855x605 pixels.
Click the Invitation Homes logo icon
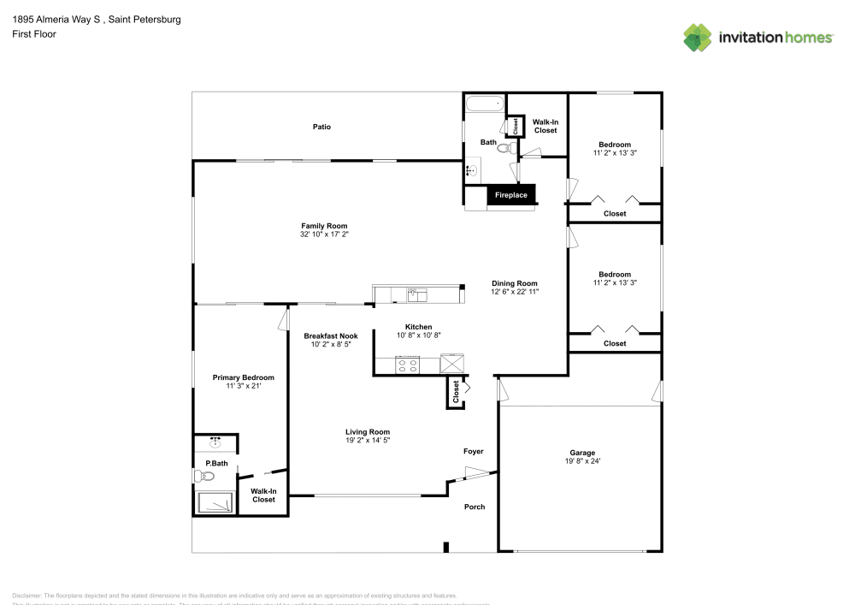tap(698, 37)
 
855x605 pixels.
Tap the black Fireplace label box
tap(511, 195)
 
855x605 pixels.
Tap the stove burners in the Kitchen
tap(408, 365)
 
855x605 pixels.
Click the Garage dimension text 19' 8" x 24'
tap(582, 462)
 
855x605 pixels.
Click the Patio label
tap(321, 127)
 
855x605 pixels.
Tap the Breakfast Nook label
tap(330, 335)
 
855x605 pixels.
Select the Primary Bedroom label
tap(244, 377)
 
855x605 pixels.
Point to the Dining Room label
tap(514, 283)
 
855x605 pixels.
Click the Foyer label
tap(473, 451)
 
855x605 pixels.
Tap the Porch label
tap(475, 507)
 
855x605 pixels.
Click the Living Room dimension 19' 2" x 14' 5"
tap(368, 441)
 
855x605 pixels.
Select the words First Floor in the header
tap(33, 34)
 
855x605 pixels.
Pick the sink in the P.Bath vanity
tap(215, 442)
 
